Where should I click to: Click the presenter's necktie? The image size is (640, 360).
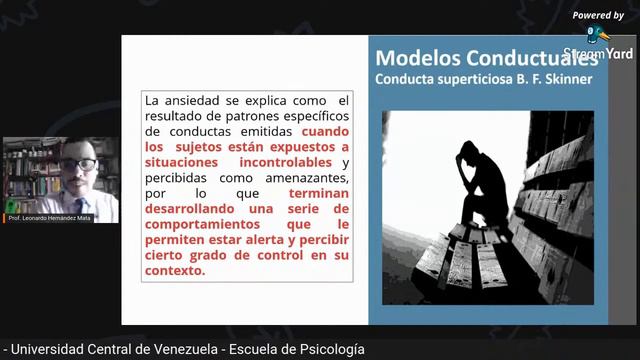pyautogui.click(x=81, y=203)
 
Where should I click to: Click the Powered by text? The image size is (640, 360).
pyautogui.click(x=598, y=15)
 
